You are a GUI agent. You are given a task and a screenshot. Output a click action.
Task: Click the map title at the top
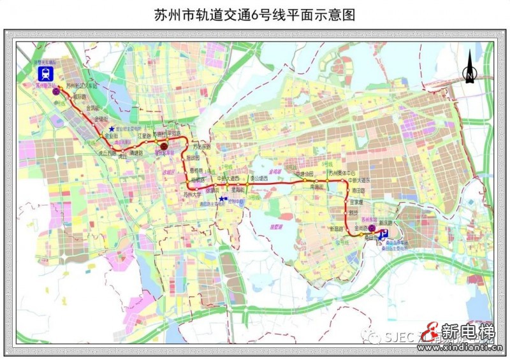point(254,13)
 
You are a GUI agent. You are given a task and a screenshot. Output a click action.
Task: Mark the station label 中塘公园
point(305,173)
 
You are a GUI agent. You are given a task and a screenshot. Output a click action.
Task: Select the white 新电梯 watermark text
point(468,331)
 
